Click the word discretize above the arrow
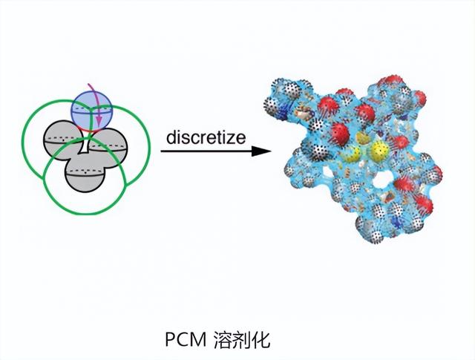click(x=206, y=138)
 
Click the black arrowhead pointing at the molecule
click(x=259, y=151)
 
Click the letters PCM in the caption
click(x=183, y=341)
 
